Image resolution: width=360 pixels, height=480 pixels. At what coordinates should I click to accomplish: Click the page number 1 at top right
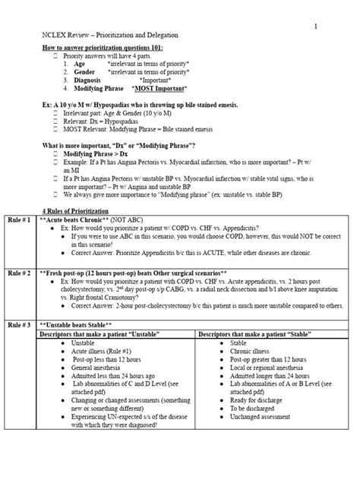point(316,27)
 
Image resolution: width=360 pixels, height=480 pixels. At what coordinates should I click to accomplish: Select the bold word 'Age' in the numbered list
point(79,65)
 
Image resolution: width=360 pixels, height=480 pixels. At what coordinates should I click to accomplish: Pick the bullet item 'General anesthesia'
point(95,367)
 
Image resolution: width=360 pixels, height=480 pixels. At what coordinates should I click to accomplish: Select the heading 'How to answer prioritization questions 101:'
point(102,48)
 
